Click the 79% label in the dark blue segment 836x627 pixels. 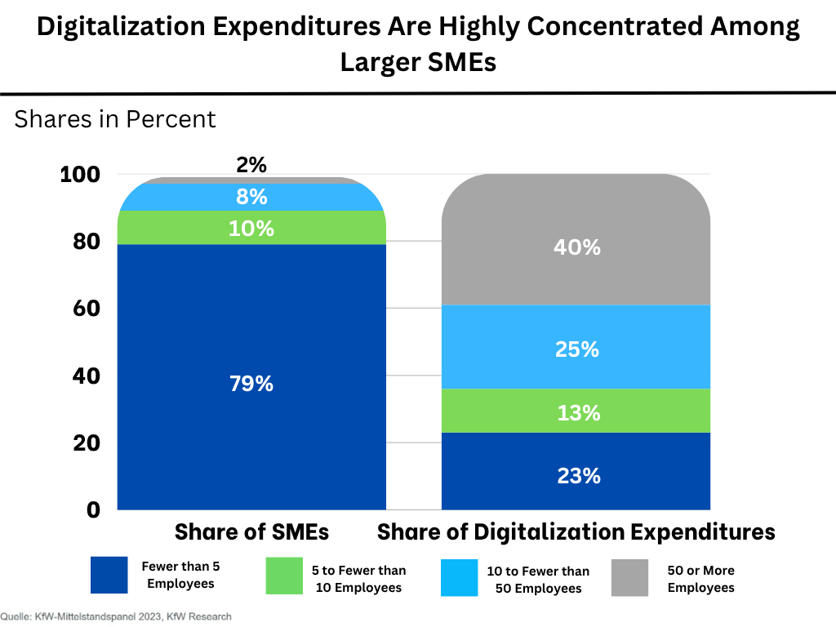(x=251, y=383)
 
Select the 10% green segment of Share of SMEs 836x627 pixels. (x=251, y=229)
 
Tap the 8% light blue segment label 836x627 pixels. (x=251, y=197)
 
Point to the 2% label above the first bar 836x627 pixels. (x=251, y=165)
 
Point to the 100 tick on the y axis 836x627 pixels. (x=80, y=175)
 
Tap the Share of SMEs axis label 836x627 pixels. (x=251, y=532)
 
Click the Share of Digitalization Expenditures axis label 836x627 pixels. (x=576, y=532)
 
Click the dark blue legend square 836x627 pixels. (x=109, y=575)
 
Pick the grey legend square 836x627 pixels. (x=629, y=576)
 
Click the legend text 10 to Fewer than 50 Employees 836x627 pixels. (x=538, y=580)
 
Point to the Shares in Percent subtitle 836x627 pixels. (x=115, y=119)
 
